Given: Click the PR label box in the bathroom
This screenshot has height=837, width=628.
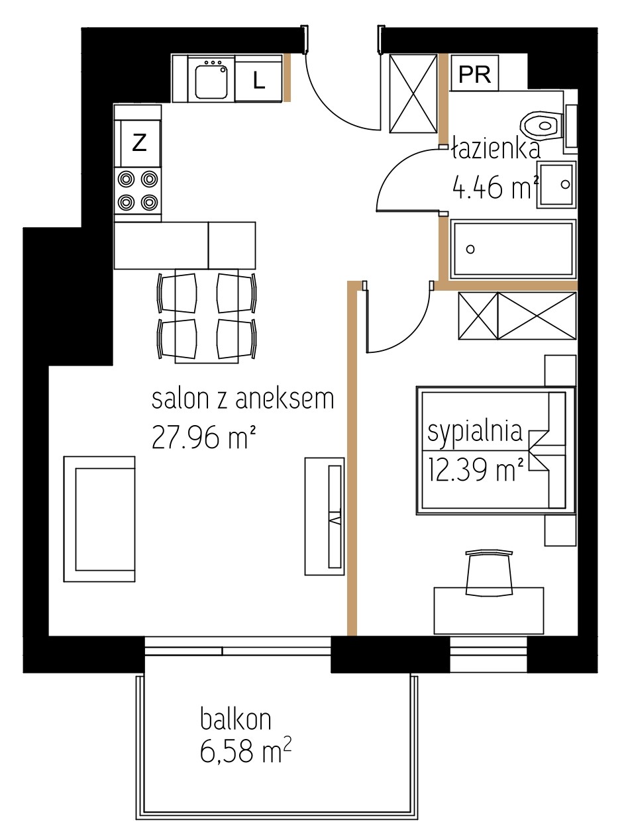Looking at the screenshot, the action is click(x=474, y=73).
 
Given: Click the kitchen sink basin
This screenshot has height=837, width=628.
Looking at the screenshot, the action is click(x=211, y=81).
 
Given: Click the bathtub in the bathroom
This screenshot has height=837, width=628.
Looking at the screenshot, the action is click(x=513, y=249).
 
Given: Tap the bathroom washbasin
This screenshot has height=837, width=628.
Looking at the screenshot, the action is click(x=556, y=185).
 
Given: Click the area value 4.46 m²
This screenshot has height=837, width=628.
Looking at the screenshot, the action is click(x=496, y=187).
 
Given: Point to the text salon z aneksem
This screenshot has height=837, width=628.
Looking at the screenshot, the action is click(x=243, y=399).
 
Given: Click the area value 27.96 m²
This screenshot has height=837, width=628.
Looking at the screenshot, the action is click(x=203, y=437).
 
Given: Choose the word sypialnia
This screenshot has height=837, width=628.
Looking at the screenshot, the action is click(x=475, y=432).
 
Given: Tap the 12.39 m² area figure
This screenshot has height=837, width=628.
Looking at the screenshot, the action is click(x=476, y=469).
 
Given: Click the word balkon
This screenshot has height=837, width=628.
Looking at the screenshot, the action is click(x=236, y=717).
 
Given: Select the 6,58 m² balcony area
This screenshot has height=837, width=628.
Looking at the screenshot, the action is click(x=246, y=750).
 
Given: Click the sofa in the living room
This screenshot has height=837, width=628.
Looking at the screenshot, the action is click(x=99, y=519).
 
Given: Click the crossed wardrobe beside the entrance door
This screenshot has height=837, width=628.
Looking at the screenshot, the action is click(x=413, y=93).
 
